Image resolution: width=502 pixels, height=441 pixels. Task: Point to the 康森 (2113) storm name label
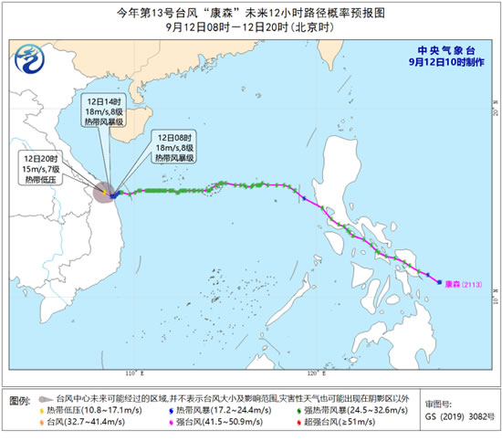463,283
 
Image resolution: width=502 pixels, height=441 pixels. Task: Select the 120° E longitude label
313,373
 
